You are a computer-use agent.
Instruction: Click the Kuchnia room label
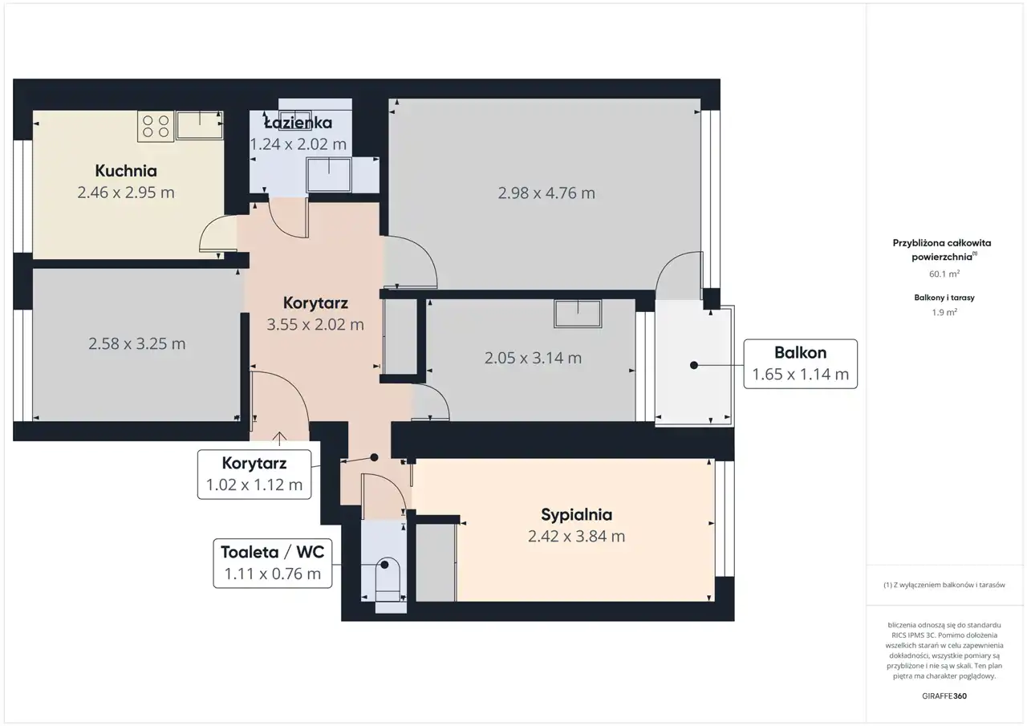[126, 171]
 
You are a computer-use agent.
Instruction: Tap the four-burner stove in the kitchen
[156, 126]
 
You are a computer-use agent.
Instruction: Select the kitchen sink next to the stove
[200, 124]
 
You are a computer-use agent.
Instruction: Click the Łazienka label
[298, 123]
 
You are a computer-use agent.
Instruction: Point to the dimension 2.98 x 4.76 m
[546, 193]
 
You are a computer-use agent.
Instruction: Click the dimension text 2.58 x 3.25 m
[136, 344]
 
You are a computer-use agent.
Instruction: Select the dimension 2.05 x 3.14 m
[533, 358]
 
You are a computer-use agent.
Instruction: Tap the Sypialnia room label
[576, 515]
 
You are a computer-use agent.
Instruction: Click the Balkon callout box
[800, 364]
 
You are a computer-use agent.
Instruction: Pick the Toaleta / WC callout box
[272, 563]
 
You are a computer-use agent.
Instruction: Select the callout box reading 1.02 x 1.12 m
[254, 474]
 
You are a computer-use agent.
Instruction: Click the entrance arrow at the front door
[279, 439]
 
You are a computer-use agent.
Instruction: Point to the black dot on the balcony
[694, 365]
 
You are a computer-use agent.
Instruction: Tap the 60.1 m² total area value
[944, 274]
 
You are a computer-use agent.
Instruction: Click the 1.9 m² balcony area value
[944, 313]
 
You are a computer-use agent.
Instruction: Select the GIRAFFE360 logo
[944, 696]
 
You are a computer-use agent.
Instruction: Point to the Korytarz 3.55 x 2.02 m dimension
[315, 325]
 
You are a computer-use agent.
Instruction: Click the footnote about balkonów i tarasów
[944, 585]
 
